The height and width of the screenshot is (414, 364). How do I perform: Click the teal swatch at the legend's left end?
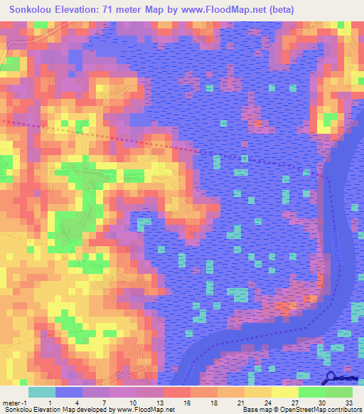coord(42,392)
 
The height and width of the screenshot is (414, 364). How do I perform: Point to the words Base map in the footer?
coord(254,410)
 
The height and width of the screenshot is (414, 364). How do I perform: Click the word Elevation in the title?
coord(77,10)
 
